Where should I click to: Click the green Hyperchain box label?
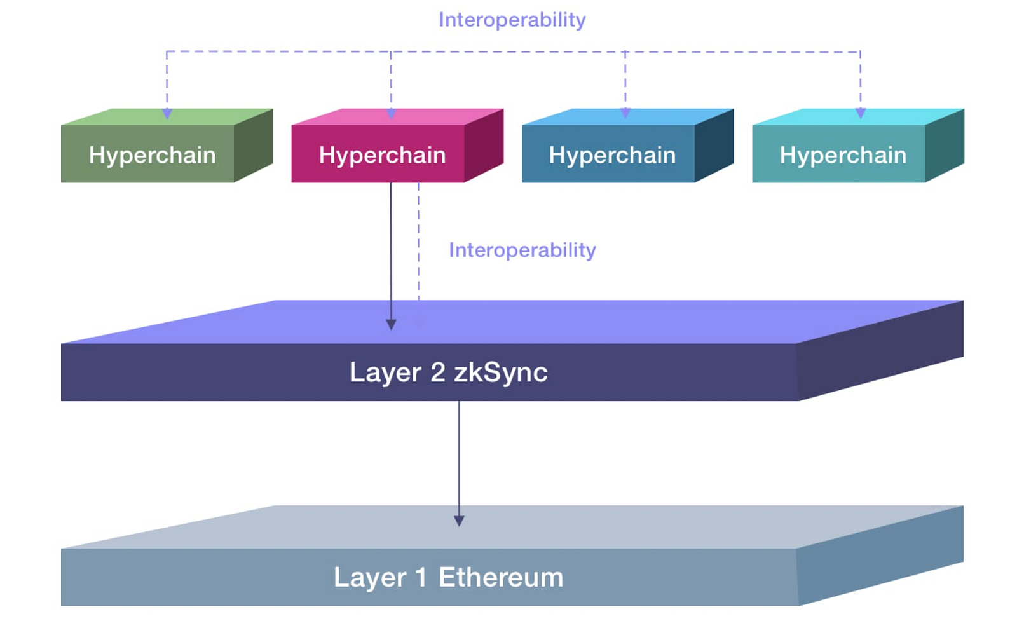tap(152, 155)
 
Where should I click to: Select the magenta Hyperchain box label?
tap(382, 155)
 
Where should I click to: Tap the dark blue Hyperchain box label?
tap(612, 155)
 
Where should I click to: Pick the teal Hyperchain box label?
tap(843, 155)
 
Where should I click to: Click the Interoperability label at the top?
tap(512, 20)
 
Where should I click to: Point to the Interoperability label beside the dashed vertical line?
tap(522, 250)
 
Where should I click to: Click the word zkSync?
tap(500, 372)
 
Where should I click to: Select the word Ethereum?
tap(501, 578)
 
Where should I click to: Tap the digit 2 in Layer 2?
tap(437, 372)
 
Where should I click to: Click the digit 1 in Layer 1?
tap(421, 578)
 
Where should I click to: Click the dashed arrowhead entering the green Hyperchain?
tap(167, 114)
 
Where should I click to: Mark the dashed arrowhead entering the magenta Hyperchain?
tap(391, 114)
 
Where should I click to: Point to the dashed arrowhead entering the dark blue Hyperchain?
tap(625, 113)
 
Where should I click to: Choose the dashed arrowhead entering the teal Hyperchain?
tap(861, 113)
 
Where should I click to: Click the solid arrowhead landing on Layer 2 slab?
tap(391, 325)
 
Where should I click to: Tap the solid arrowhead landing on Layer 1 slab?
tap(459, 521)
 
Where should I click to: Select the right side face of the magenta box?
tap(484, 147)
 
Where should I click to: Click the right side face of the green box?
tap(254, 147)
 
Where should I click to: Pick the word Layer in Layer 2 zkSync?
tap(385, 372)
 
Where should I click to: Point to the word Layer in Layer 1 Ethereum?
tap(369, 578)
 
